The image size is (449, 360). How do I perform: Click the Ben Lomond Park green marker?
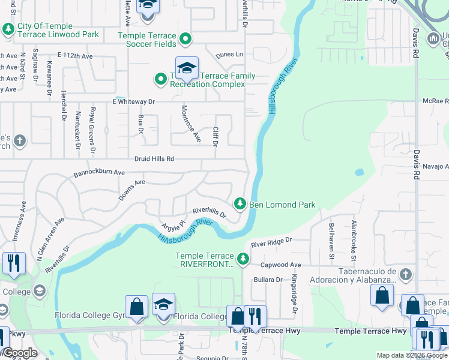click(x=240, y=204)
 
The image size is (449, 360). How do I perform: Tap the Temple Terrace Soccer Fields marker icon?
click(x=185, y=40)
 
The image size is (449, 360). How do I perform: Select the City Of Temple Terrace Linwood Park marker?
click(x=8, y=28)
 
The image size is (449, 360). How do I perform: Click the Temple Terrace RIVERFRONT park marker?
click(x=243, y=259)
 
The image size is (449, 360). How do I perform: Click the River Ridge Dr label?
click(x=271, y=242)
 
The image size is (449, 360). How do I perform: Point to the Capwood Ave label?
click(x=280, y=265)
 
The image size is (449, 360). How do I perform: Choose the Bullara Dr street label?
click(x=268, y=280)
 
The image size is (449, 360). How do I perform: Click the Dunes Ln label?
click(x=229, y=55)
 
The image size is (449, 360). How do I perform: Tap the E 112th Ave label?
click(x=76, y=56)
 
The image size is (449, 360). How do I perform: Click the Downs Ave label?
click(x=131, y=189)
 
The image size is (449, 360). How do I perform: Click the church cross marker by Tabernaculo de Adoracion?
click(x=406, y=274)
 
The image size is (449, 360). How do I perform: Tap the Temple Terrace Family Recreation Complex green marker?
click(x=161, y=79)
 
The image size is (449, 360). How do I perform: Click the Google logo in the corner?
click(x=20, y=353)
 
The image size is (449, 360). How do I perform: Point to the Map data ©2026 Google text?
click(x=411, y=355)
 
